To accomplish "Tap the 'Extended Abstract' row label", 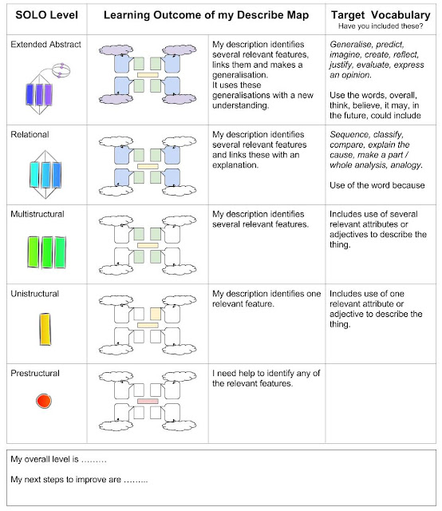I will pyautogui.click(x=45, y=45).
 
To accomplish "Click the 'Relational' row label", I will pyautogui.click(x=30, y=137).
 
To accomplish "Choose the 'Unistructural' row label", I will pyautogui.click(x=35, y=294).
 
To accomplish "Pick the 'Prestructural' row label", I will pyautogui.click(x=35, y=373).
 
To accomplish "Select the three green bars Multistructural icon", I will pyautogui.click(x=45, y=251).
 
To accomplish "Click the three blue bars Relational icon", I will pyautogui.click(x=45, y=173).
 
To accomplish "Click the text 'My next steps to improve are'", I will pyautogui.click(x=79, y=479).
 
